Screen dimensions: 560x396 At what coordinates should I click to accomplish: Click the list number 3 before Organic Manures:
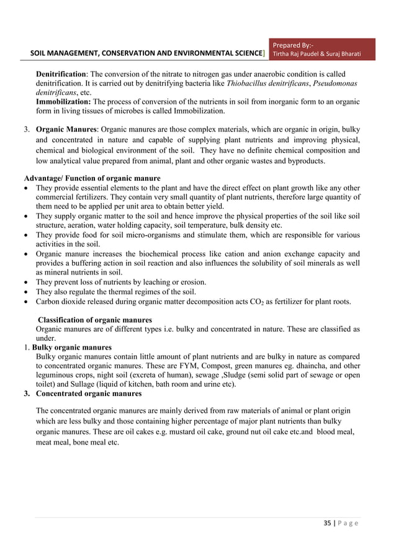point(26,131)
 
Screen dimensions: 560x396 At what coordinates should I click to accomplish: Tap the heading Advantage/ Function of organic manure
point(92,179)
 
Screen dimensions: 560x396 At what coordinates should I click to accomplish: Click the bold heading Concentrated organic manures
point(89,394)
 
